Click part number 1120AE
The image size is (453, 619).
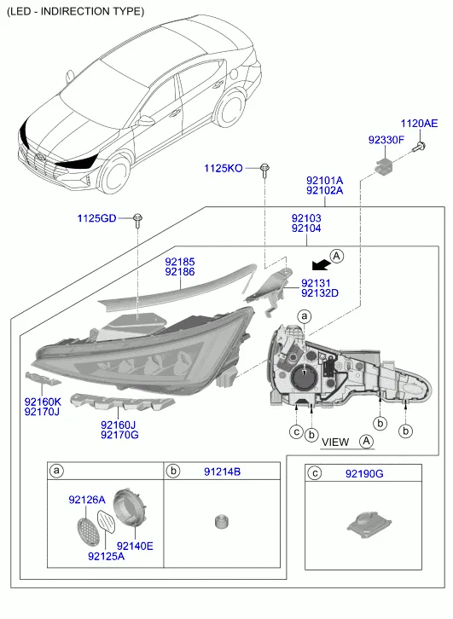(419, 124)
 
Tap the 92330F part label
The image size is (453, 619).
(386, 140)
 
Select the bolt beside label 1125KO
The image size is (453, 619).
(264, 171)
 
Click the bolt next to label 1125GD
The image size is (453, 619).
(137, 220)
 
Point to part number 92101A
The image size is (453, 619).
(325, 181)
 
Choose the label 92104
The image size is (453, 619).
(306, 229)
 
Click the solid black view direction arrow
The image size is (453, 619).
(321, 264)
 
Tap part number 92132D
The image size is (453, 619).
(320, 293)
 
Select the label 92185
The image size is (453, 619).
(180, 262)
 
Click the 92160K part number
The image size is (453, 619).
(43, 402)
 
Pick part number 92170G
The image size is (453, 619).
(119, 435)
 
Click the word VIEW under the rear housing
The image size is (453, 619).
(335, 443)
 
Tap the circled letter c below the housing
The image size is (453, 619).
(296, 432)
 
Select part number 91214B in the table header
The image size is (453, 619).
(222, 471)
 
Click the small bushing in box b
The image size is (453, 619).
(222, 521)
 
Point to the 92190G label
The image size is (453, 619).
(364, 473)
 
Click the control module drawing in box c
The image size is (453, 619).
(369, 524)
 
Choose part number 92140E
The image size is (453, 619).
(135, 546)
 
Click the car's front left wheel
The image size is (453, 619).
(115, 174)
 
